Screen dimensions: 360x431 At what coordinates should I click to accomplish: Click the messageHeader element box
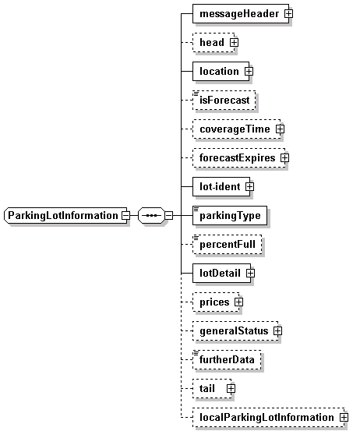coord(241,13)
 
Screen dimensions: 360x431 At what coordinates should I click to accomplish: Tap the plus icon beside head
coord(234,42)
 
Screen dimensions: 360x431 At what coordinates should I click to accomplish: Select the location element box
coord(221,71)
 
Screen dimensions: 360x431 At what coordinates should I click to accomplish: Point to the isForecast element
coord(224,100)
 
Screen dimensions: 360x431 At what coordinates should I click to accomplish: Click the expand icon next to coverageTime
coord(281,129)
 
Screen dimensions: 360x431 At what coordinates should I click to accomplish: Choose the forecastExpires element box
coord(239,157)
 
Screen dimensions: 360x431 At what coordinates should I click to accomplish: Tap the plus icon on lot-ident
coord(250,186)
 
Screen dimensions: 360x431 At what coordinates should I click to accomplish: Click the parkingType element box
coord(230,215)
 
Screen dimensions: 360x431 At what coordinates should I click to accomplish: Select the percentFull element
coord(228,245)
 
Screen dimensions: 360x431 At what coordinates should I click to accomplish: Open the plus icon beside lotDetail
coord(251,274)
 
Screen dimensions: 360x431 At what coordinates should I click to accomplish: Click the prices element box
coord(216,302)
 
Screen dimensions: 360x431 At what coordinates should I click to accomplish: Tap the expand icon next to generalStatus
coord(278,331)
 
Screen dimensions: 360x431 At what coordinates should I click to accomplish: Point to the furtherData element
coord(227,360)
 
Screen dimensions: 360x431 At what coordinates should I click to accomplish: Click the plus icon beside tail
coord(231,389)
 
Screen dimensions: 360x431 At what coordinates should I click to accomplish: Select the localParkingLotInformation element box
coord(269,418)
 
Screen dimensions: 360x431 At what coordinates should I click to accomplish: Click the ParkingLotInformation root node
coord(65,215)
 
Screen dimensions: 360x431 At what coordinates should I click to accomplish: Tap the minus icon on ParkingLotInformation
coord(126,215)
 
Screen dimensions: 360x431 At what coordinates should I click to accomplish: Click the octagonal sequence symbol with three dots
coord(151,215)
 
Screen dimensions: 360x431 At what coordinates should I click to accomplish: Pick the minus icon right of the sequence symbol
coord(169,215)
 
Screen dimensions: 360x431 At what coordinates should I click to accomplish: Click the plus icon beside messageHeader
coord(289,13)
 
